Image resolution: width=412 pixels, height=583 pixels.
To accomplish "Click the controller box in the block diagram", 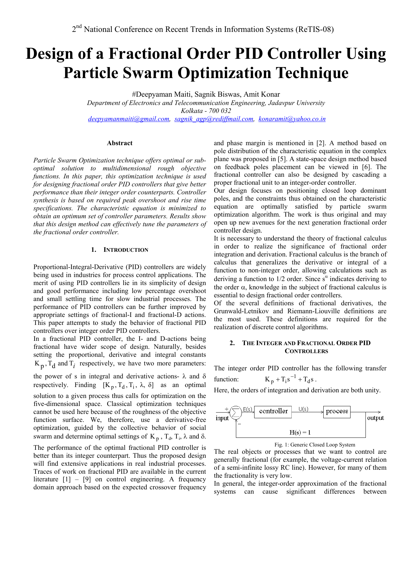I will pos(273,411).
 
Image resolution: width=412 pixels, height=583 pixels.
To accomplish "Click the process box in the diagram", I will pos(337,411).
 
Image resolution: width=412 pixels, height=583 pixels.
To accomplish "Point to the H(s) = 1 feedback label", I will pos(300,432).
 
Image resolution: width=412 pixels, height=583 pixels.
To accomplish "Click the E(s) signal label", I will pos(248,409).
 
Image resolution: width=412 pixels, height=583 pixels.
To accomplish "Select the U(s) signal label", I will pos(303,409).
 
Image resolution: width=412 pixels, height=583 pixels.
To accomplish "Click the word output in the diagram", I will pos(375,418).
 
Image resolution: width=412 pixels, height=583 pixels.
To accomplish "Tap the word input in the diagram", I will pos(222,418).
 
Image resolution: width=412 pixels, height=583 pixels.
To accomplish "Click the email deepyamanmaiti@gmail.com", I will pos(129,119).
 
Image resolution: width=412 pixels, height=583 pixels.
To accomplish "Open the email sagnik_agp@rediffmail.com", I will pos(214,119).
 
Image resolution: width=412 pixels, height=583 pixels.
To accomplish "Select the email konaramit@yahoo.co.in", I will pos(292,119).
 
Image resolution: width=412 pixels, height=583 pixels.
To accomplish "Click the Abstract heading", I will pos(120,143).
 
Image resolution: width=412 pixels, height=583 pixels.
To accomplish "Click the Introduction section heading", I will pos(126,250).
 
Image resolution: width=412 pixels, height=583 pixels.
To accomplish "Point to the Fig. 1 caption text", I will pos(315,444).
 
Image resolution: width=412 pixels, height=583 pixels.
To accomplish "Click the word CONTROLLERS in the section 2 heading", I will pos(306,351).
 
